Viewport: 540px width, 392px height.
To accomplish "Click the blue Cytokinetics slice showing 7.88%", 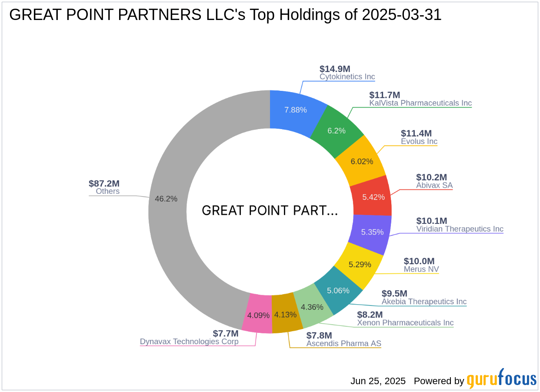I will coord(296,110).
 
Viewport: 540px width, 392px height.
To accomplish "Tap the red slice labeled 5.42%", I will coord(373,197).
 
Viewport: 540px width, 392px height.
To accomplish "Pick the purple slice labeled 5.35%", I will coord(372,232).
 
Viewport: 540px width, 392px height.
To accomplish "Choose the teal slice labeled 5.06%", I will coord(338,290).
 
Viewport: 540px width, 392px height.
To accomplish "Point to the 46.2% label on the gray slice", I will coord(166,199).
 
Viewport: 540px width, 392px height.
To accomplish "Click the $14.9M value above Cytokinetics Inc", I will coord(335,69).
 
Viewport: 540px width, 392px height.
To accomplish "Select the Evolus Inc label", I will coord(419,142).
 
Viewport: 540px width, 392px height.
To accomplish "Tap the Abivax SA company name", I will coord(434,186).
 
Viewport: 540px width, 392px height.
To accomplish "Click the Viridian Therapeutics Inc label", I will coord(460,229).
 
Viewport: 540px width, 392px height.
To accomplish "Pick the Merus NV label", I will coord(421,269).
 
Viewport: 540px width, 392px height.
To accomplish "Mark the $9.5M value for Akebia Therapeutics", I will coord(394,293).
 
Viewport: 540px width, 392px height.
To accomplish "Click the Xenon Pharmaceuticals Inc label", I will coord(405,323).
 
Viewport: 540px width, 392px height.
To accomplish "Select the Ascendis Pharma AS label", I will coord(343,344).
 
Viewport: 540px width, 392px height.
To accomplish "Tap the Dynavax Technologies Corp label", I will coord(189,342).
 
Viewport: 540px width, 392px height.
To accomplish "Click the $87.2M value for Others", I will coord(104,183).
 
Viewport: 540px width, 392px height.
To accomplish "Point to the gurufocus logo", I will coord(502,379).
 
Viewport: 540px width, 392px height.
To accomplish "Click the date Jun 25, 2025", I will coord(378,381).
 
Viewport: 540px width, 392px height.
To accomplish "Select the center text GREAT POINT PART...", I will coord(270,211).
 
